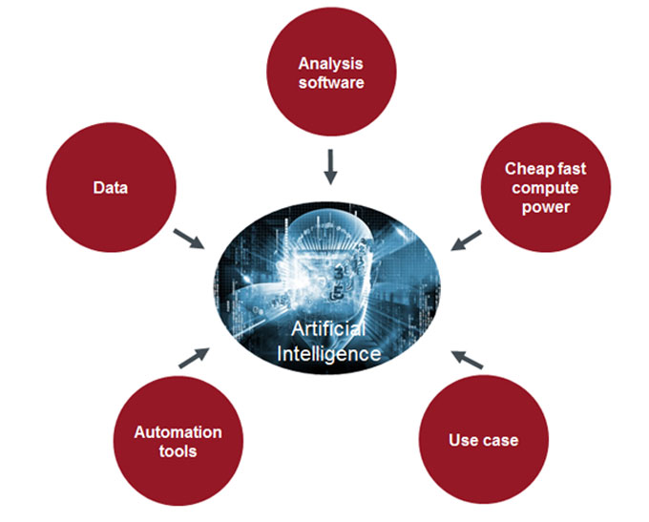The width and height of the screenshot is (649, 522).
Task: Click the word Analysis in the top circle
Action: tap(331, 64)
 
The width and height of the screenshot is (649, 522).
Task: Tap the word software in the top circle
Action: tap(331, 82)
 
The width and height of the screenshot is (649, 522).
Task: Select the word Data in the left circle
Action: tap(111, 188)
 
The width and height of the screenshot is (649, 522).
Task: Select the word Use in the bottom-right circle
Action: tap(464, 441)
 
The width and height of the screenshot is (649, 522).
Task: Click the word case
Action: tap(500, 441)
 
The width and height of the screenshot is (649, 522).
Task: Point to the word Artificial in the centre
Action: tap(327, 330)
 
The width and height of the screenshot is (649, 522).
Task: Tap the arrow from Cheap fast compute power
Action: tap(466, 240)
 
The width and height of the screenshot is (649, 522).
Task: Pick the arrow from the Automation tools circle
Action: tap(193, 357)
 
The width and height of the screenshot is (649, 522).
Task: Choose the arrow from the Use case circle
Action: tap(468, 359)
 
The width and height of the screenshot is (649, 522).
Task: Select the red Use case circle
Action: tap(483, 441)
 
